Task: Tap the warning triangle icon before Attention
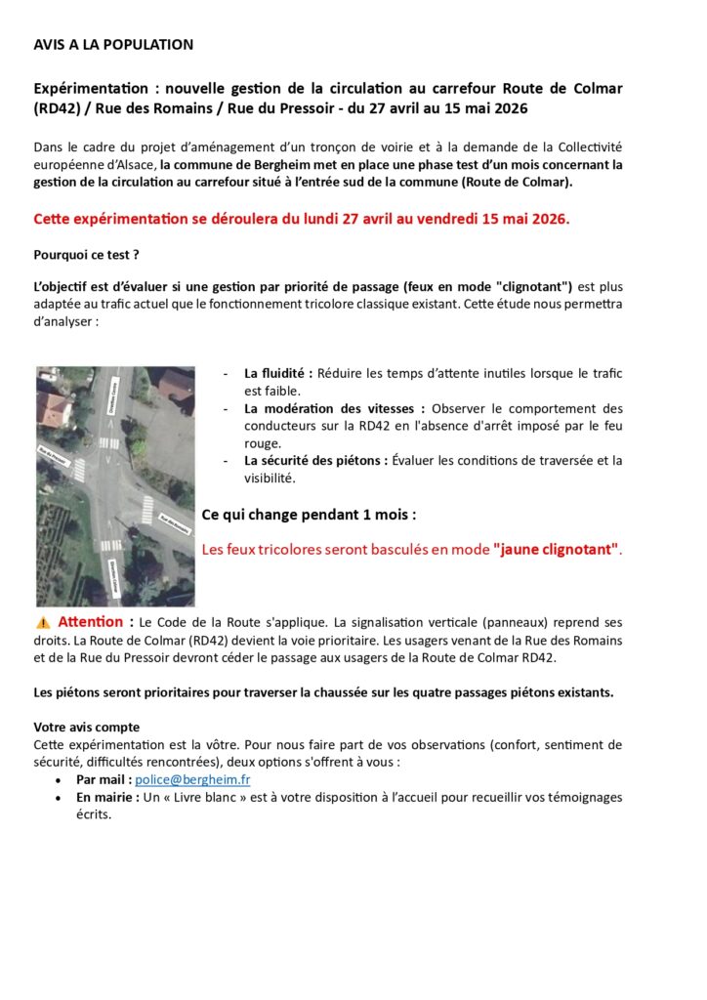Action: (43, 622)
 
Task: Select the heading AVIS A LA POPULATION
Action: (113, 45)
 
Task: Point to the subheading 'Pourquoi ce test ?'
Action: (86, 255)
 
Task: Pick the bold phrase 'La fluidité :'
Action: (278, 373)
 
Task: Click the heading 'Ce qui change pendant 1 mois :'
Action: (309, 514)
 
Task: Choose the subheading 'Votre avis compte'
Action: (86, 728)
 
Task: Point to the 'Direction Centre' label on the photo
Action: (114, 395)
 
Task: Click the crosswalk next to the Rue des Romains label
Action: (146, 508)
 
